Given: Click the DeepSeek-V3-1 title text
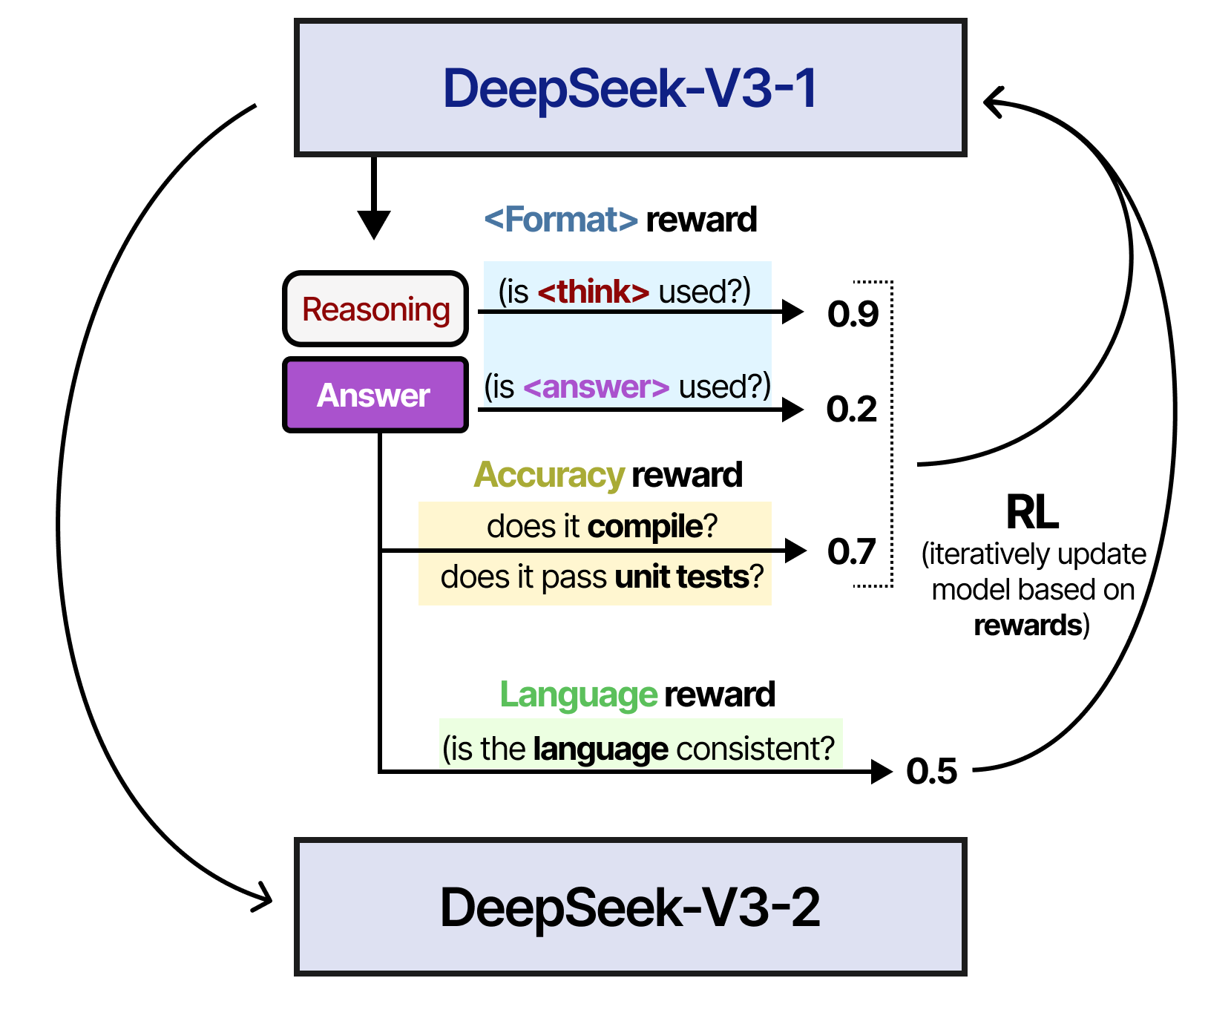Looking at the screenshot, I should click(629, 89).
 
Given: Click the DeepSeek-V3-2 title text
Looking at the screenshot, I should click(629, 908).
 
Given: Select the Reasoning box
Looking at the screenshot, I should click(375, 309).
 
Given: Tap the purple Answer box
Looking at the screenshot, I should click(375, 395).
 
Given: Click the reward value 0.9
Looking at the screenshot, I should click(853, 314).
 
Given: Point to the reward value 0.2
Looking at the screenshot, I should click(852, 410).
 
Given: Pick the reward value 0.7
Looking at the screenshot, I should click(852, 552).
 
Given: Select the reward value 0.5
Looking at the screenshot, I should click(931, 772).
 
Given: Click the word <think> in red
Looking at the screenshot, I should click(593, 292).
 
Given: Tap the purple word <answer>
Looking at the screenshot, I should click(596, 387).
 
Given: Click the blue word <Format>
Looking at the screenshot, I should click(561, 220).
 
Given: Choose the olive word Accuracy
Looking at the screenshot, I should click(549, 475).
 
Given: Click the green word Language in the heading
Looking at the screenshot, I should click(578, 695).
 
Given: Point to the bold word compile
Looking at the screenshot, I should click(645, 526).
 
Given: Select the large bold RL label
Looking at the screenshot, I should click(1031, 512).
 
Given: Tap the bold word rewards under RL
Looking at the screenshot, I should click(1028, 626).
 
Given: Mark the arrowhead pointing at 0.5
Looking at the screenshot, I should click(882, 772).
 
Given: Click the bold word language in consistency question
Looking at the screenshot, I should click(600, 749).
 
